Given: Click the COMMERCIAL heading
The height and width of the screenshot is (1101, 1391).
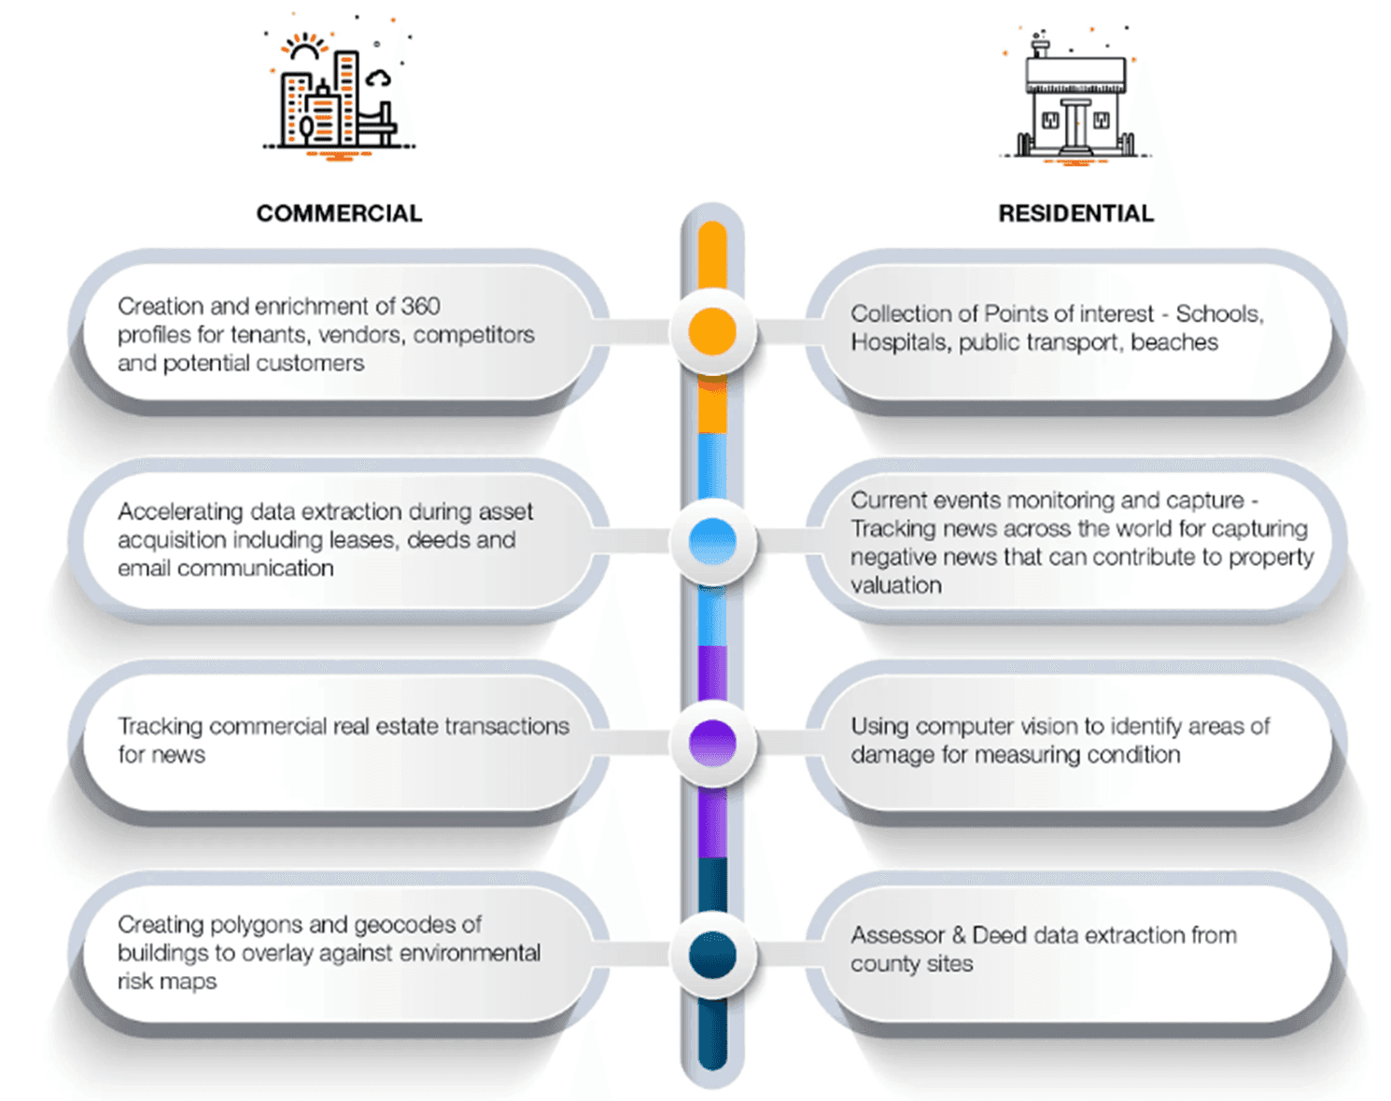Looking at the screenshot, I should click(339, 214).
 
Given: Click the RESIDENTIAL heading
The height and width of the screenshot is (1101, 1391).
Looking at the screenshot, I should click(1075, 214).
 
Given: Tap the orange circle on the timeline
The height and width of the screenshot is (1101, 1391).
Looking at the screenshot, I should click(712, 331).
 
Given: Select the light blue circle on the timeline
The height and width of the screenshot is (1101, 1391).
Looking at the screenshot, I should click(712, 541).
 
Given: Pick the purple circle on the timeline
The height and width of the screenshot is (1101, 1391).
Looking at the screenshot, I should click(712, 744).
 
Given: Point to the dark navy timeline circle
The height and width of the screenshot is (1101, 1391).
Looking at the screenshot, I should click(712, 955).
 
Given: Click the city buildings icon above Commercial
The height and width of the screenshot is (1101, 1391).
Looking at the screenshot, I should click(338, 93).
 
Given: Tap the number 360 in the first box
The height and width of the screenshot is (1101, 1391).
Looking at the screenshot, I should click(420, 306).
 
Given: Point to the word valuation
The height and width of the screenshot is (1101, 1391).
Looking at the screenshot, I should click(895, 586).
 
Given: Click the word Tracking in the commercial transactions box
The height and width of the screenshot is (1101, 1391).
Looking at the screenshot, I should click(160, 726).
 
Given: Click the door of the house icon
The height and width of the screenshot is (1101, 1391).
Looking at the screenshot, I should click(1075, 125).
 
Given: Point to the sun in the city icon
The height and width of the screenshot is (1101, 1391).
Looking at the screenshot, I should click(304, 49).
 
